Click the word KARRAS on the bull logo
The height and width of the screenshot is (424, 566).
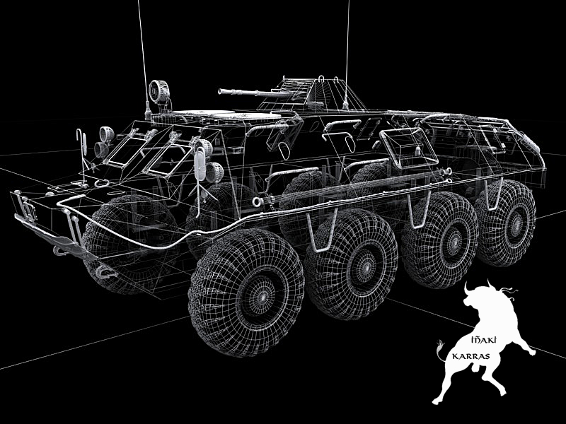click(470, 357)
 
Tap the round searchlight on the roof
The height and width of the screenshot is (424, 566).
click(158, 91)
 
